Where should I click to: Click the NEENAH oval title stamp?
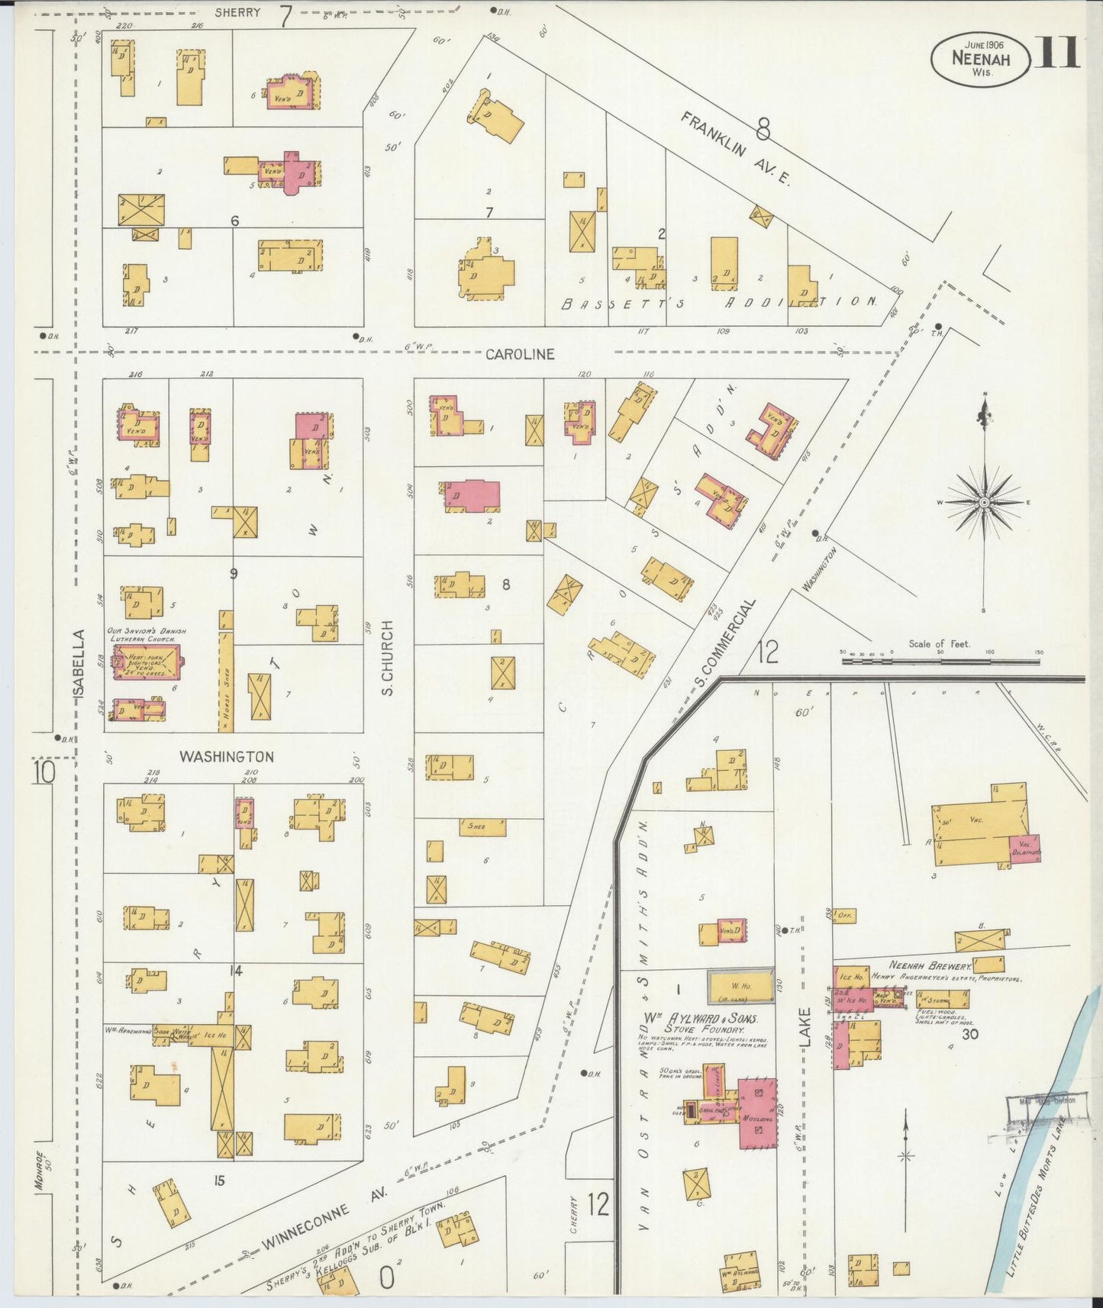[980, 59]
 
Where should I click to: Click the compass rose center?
[985, 502]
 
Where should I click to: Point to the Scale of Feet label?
[939, 643]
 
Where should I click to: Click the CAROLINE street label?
[520, 355]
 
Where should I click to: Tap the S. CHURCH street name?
[388, 658]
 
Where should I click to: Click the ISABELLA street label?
[80, 663]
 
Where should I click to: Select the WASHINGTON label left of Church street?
[226, 756]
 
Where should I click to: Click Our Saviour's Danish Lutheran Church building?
[148, 662]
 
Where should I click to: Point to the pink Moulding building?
[757, 1113]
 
